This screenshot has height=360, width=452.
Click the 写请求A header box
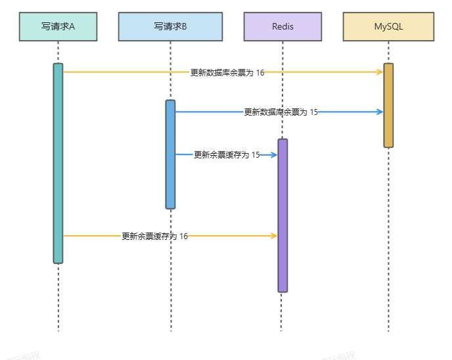(58, 26)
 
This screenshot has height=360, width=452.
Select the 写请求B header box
(170, 26)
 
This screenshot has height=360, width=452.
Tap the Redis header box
(282, 26)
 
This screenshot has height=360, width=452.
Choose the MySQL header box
(388, 26)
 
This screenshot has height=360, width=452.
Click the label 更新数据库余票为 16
(227, 73)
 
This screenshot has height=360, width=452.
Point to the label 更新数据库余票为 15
(281, 112)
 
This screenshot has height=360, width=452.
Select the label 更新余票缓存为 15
(227, 155)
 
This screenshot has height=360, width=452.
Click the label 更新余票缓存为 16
(154, 236)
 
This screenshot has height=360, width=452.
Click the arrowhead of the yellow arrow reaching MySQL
(380, 72)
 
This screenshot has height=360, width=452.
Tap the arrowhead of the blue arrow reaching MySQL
(380, 112)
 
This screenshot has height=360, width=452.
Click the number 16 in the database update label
(260, 73)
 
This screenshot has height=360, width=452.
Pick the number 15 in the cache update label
(256, 155)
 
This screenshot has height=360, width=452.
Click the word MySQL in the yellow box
(388, 26)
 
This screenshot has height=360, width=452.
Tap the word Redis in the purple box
(282, 26)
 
